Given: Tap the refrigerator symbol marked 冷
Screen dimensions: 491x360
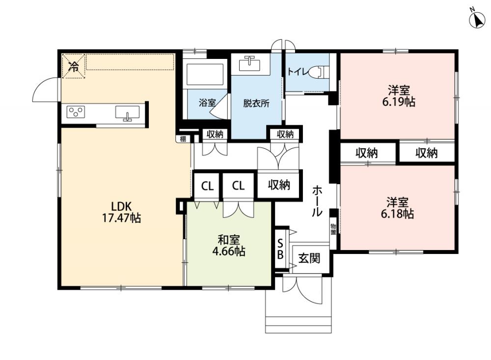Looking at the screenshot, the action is pyautogui.click(x=74, y=66).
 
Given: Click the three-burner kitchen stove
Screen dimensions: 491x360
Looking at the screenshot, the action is pyautogui.click(x=76, y=112).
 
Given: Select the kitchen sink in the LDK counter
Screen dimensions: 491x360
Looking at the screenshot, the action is pyautogui.click(x=128, y=113).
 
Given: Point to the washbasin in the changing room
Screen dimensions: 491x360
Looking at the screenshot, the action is pyautogui.click(x=249, y=64).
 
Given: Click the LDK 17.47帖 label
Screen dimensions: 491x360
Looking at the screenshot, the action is pyautogui.click(x=121, y=212).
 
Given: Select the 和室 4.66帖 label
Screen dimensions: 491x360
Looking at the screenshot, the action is pyautogui.click(x=229, y=246).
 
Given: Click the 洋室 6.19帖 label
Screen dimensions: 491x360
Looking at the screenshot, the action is pyautogui.click(x=399, y=96).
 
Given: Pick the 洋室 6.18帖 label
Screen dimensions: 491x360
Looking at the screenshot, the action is pyautogui.click(x=397, y=208).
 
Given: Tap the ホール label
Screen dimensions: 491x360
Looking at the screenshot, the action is pyautogui.click(x=317, y=201).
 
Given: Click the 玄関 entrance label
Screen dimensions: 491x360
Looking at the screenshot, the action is pyautogui.click(x=309, y=258).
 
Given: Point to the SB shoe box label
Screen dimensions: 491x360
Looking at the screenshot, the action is pyautogui.click(x=280, y=249).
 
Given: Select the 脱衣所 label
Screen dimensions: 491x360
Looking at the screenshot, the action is pyautogui.click(x=256, y=104).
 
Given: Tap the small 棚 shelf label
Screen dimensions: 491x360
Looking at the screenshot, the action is pyautogui.click(x=183, y=138).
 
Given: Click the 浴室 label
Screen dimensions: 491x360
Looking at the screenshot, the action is pyautogui.click(x=207, y=103).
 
